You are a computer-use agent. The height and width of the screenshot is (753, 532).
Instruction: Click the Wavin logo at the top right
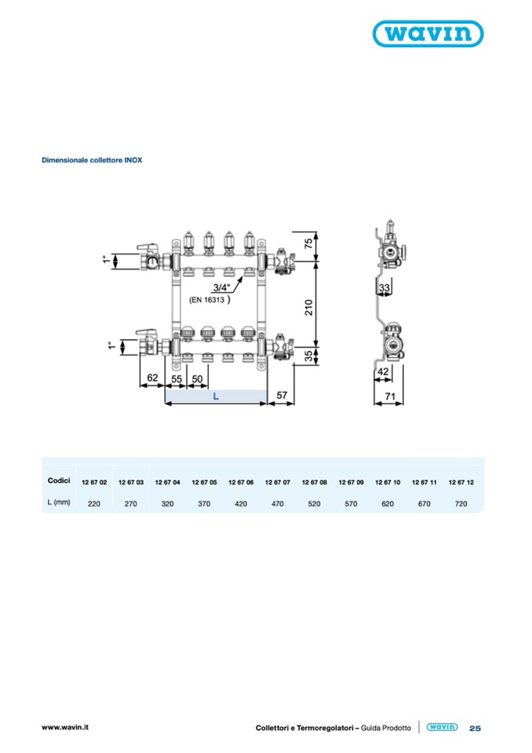pyautogui.click(x=428, y=34)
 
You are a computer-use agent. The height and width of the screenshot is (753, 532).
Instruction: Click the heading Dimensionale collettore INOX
pyautogui.click(x=92, y=160)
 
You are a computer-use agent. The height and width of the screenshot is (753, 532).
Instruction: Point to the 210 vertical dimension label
pyautogui.click(x=308, y=307)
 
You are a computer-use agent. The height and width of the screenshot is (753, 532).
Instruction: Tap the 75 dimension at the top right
pyautogui.click(x=308, y=243)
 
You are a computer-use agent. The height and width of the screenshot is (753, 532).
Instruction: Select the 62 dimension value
pyautogui.click(x=152, y=378)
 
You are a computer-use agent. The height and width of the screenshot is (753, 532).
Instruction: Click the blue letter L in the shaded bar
pyautogui.click(x=216, y=397)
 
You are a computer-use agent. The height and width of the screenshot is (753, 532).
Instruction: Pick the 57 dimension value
pyautogui.click(x=282, y=395)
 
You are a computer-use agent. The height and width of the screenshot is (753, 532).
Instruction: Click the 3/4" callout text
pyautogui.click(x=221, y=287)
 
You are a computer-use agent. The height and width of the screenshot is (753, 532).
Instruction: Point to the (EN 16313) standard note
pyautogui.click(x=210, y=300)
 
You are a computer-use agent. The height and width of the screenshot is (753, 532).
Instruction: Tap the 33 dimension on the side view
pyautogui.click(x=384, y=287)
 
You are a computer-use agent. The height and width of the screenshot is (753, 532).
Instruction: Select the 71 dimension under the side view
pyautogui.click(x=390, y=397)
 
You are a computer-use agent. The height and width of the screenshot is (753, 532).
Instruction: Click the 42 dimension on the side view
pyautogui.click(x=383, y=371)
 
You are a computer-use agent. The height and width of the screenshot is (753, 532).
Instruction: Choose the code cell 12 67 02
pyautogui.click(x=94, y=482)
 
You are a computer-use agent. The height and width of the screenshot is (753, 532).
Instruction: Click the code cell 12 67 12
pyautogui.click(x=461, y=482)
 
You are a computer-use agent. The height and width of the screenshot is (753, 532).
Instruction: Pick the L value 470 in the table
pyautogui.click(x=277, y=504)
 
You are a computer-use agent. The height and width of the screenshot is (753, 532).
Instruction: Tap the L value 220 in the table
pyautogui.click(x=94, y=504)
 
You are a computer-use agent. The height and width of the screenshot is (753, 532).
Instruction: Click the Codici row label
pyautogui.click(x=59, y=481)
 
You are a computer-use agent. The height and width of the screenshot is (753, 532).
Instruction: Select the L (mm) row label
pyautogui.click(x=59, y=503)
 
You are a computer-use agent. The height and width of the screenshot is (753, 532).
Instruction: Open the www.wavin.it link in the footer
pyautogui.click(x=65, y=727)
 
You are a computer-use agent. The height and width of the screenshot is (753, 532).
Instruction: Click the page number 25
pyautogui.click(x=475, y=728)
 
